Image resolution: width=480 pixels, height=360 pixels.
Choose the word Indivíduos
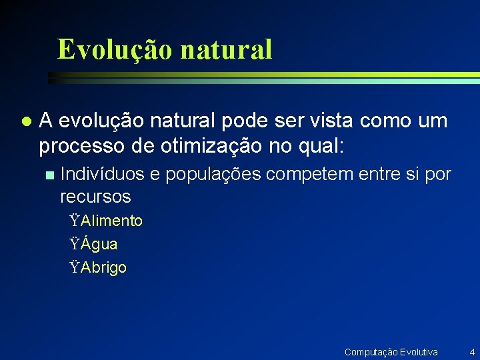[x=102, y=175]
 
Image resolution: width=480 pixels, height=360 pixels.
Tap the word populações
[x=214, y=175]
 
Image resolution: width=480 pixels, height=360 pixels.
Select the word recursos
[x=95, y=197]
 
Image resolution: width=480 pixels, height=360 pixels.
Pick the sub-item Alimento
[x=111, y=221]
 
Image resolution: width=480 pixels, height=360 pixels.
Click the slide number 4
[x=471, y=351]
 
